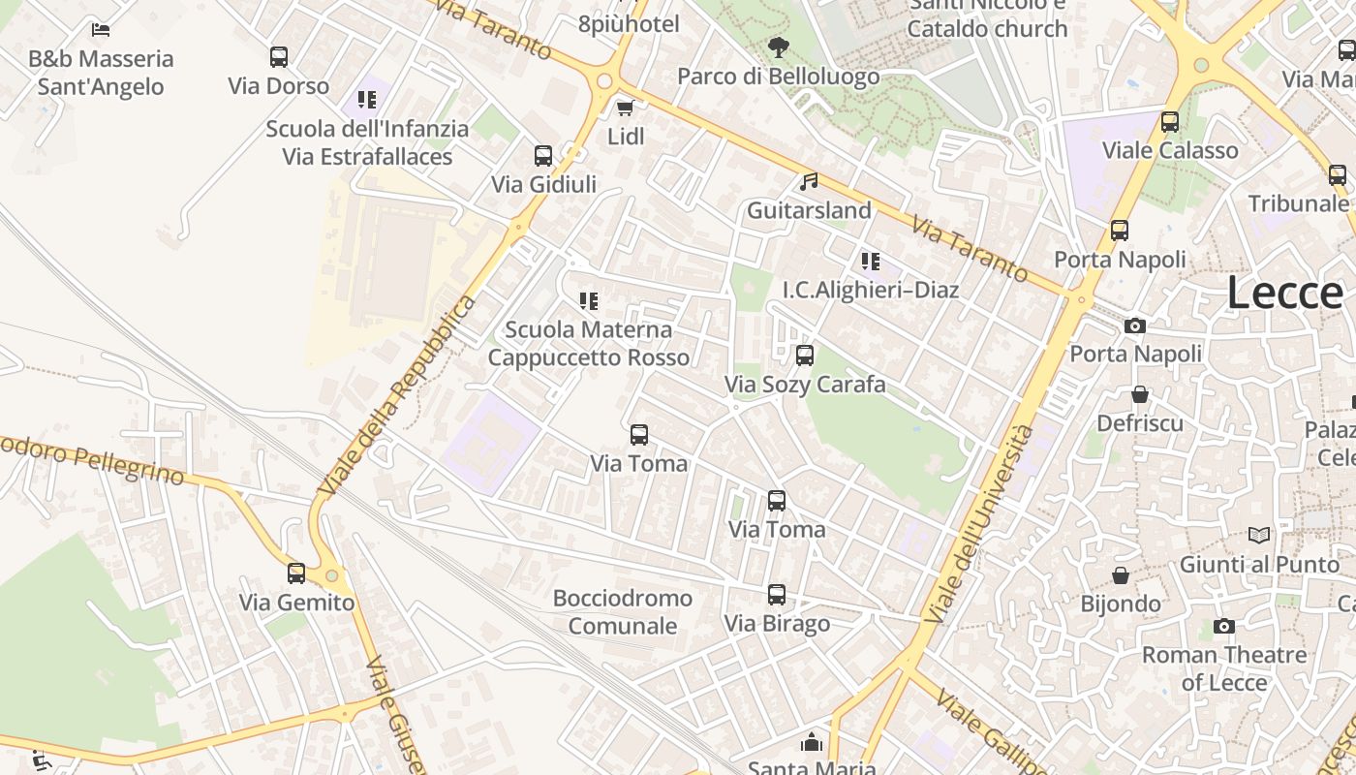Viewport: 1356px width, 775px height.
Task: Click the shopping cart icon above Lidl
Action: [x=626, y=108]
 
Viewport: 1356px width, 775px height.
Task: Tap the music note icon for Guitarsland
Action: [x=809, y=181]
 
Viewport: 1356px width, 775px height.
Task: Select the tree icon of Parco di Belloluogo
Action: [x=778, y=46]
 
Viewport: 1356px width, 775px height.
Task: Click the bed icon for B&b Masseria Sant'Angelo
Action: [x=101, y=30]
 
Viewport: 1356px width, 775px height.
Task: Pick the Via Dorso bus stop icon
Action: [x=279, y=57]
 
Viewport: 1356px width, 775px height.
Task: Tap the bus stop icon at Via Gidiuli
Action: [x=543, y=156]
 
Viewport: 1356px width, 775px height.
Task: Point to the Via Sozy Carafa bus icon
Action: [x=805, y=356]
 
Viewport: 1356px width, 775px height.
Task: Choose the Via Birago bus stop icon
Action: [x=777, y=595]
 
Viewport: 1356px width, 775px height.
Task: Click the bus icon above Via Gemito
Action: [x=296, y=573]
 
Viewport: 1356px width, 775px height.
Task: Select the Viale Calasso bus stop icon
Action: [x=1170, y=122]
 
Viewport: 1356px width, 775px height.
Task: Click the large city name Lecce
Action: [x=1284, y=293]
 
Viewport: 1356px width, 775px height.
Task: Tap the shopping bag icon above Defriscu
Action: [x=1140, y=394]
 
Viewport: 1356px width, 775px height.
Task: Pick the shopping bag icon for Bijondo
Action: [x=1121, y=575]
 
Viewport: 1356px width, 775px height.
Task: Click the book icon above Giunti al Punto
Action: [x=1259, y=535]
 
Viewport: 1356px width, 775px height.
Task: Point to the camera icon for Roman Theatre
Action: [x=1224, y=627]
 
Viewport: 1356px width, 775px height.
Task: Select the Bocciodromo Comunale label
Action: [x=623, y=611]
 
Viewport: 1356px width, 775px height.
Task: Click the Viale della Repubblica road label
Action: [x=398, y=396]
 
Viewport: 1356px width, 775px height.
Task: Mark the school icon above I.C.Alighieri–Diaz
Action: [x=871, y=261]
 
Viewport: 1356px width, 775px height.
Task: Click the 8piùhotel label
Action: [x=629, y=24]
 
